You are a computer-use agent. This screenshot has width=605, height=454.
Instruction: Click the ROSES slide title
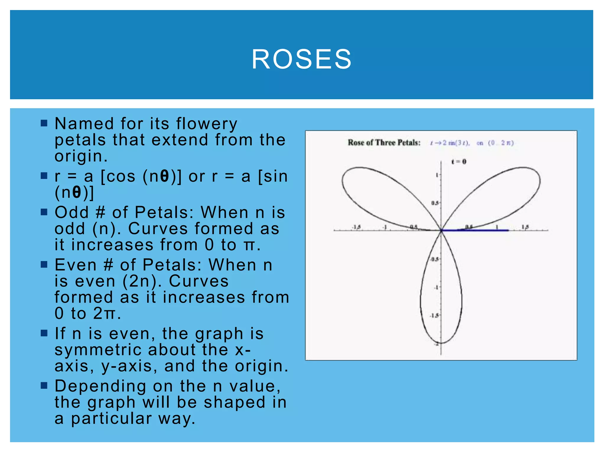tap(302, 59)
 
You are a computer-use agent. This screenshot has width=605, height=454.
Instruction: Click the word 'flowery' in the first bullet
tap(207, 124)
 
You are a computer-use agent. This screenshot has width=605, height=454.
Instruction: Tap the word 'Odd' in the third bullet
tap(72, 212)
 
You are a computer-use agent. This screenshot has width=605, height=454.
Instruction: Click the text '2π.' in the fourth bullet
tap(107, 313)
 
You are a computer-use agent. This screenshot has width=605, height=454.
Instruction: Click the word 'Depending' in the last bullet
tap(100, 386)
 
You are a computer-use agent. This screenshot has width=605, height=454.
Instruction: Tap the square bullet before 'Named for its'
tap(44, 123)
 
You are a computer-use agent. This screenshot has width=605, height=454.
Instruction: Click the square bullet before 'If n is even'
tap(44, 333)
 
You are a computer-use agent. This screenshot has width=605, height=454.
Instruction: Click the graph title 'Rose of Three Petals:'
tap(384, 143)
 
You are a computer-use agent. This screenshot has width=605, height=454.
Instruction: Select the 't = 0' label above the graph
tap(459, 162)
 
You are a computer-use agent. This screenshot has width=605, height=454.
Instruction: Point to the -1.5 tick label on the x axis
tap(357, 227)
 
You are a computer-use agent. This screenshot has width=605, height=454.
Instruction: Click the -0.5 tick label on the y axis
tap(434, 259)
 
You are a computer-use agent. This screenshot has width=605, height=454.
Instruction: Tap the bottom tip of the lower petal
tap(441, 343)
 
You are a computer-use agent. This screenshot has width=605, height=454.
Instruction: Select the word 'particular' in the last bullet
tap(111, 419)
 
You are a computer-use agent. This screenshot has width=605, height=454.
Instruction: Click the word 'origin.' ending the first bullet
tap(81, 156)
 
